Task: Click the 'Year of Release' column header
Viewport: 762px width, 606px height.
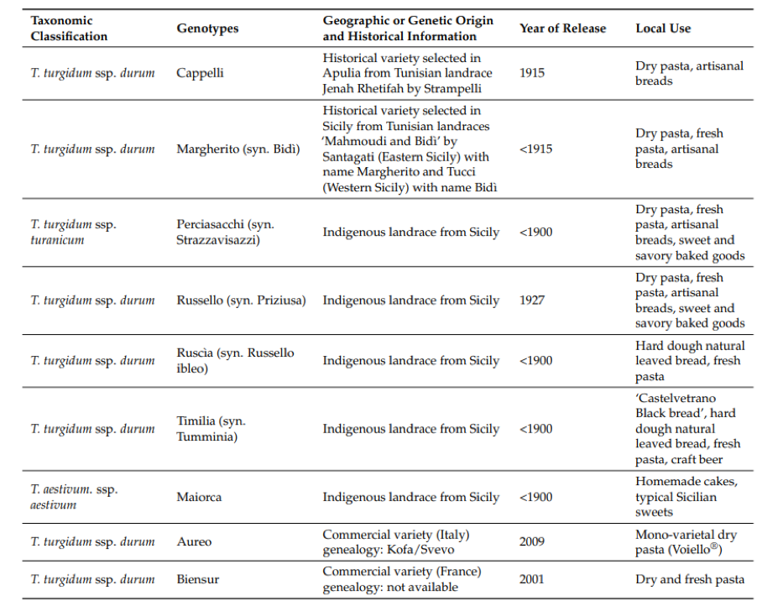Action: click(562, 29)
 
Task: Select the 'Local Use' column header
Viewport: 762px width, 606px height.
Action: click(663, 29)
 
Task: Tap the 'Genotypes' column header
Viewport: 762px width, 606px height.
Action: click(207, 29)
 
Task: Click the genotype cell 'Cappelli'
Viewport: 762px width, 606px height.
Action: click(200, 73)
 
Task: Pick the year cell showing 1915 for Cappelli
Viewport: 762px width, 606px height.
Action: click(532, 73)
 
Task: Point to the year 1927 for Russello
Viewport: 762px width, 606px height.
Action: click(532, 300)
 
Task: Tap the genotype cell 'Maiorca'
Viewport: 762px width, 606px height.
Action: click(199, 497)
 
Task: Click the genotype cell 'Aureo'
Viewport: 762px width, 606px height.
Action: click(194, 542)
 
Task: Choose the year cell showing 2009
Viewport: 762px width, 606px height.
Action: click(533, 542)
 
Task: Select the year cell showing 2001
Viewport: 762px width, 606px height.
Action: click(533, 579)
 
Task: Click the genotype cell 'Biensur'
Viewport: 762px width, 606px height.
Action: click(199, 579)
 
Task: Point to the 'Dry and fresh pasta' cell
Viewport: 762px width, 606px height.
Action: click(689, 579)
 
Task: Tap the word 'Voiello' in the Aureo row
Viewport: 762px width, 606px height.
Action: click(690, 550)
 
